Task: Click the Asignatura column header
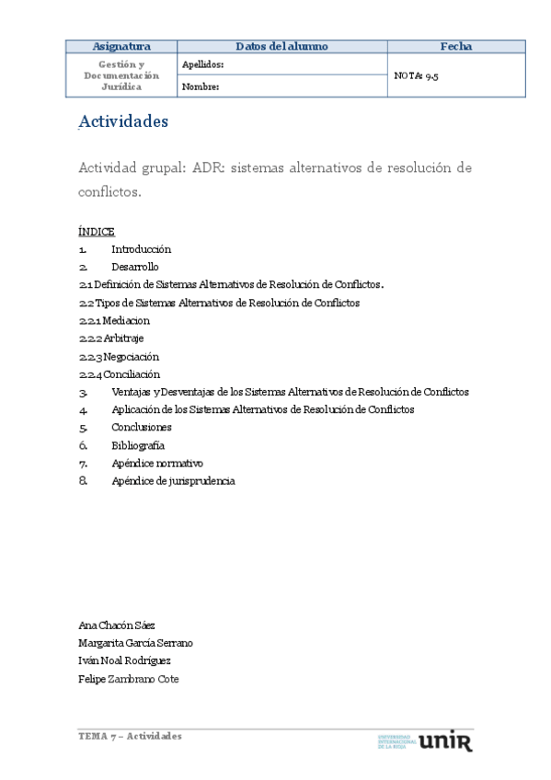121,46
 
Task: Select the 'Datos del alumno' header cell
281,46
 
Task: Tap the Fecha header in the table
456,46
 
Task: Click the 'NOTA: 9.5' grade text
416,76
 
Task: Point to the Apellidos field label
202,65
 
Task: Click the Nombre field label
200,87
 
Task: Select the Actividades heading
123,120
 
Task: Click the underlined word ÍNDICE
97,231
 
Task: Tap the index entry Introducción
141,249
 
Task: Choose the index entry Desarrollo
134,267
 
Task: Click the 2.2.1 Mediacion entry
115,321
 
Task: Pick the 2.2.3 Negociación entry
120,356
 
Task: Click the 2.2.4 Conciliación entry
120,374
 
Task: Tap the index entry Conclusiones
142,428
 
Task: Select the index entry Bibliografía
138,445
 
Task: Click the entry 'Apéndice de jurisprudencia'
173,481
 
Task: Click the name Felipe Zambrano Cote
129,679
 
